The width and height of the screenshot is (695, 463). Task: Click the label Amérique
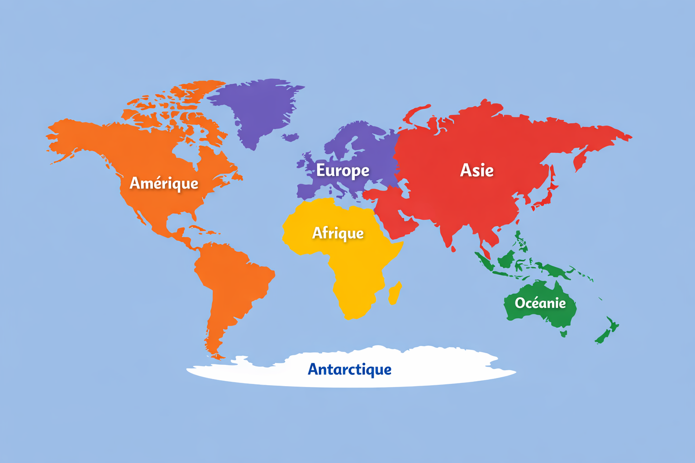[x=164, y=183]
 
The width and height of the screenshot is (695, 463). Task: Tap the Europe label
[x=343, y=170]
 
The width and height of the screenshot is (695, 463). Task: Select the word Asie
[x=476, y=170]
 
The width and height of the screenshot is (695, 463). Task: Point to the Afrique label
[x=338, y=233]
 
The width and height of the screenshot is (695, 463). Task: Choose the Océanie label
[x=540, y=303]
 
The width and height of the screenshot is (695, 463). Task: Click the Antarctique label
[x=349, y=369]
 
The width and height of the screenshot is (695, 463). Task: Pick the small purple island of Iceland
[x=291, y=137]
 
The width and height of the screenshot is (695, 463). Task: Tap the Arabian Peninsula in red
[x=398, y=222]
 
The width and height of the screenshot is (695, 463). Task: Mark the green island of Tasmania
[x=563, y=334]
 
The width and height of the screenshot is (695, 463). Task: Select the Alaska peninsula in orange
[x=68, y=136]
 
